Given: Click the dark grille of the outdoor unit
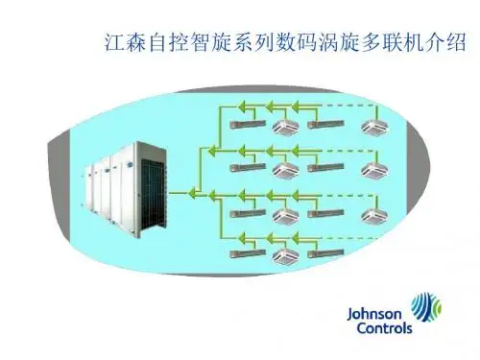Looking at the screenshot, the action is coord(153,193).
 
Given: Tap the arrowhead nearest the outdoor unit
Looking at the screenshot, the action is coord(192,193).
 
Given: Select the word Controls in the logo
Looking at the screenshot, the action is coord(384,328).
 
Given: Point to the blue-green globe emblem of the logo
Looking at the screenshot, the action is coord(426,306).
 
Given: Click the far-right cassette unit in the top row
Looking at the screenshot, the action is coord(374,128).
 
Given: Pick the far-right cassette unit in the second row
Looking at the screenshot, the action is coord(374,170).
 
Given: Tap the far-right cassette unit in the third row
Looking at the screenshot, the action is coord(374,216).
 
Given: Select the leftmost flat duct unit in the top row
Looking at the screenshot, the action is coord(248,125).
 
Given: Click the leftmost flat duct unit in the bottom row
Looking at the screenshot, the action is coord(248,253).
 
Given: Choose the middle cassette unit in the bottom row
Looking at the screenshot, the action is coord(285,256).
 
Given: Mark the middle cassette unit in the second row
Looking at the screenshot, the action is coord(285,170).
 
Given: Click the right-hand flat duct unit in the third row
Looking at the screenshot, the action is coord(325,213).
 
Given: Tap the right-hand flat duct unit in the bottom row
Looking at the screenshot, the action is coord(325,253).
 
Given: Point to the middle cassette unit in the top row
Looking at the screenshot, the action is coord(285,128).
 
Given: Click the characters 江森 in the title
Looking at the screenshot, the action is coord(126,42).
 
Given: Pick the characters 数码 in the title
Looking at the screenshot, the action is coord(297,42).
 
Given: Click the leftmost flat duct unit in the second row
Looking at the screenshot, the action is coord(248,167).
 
